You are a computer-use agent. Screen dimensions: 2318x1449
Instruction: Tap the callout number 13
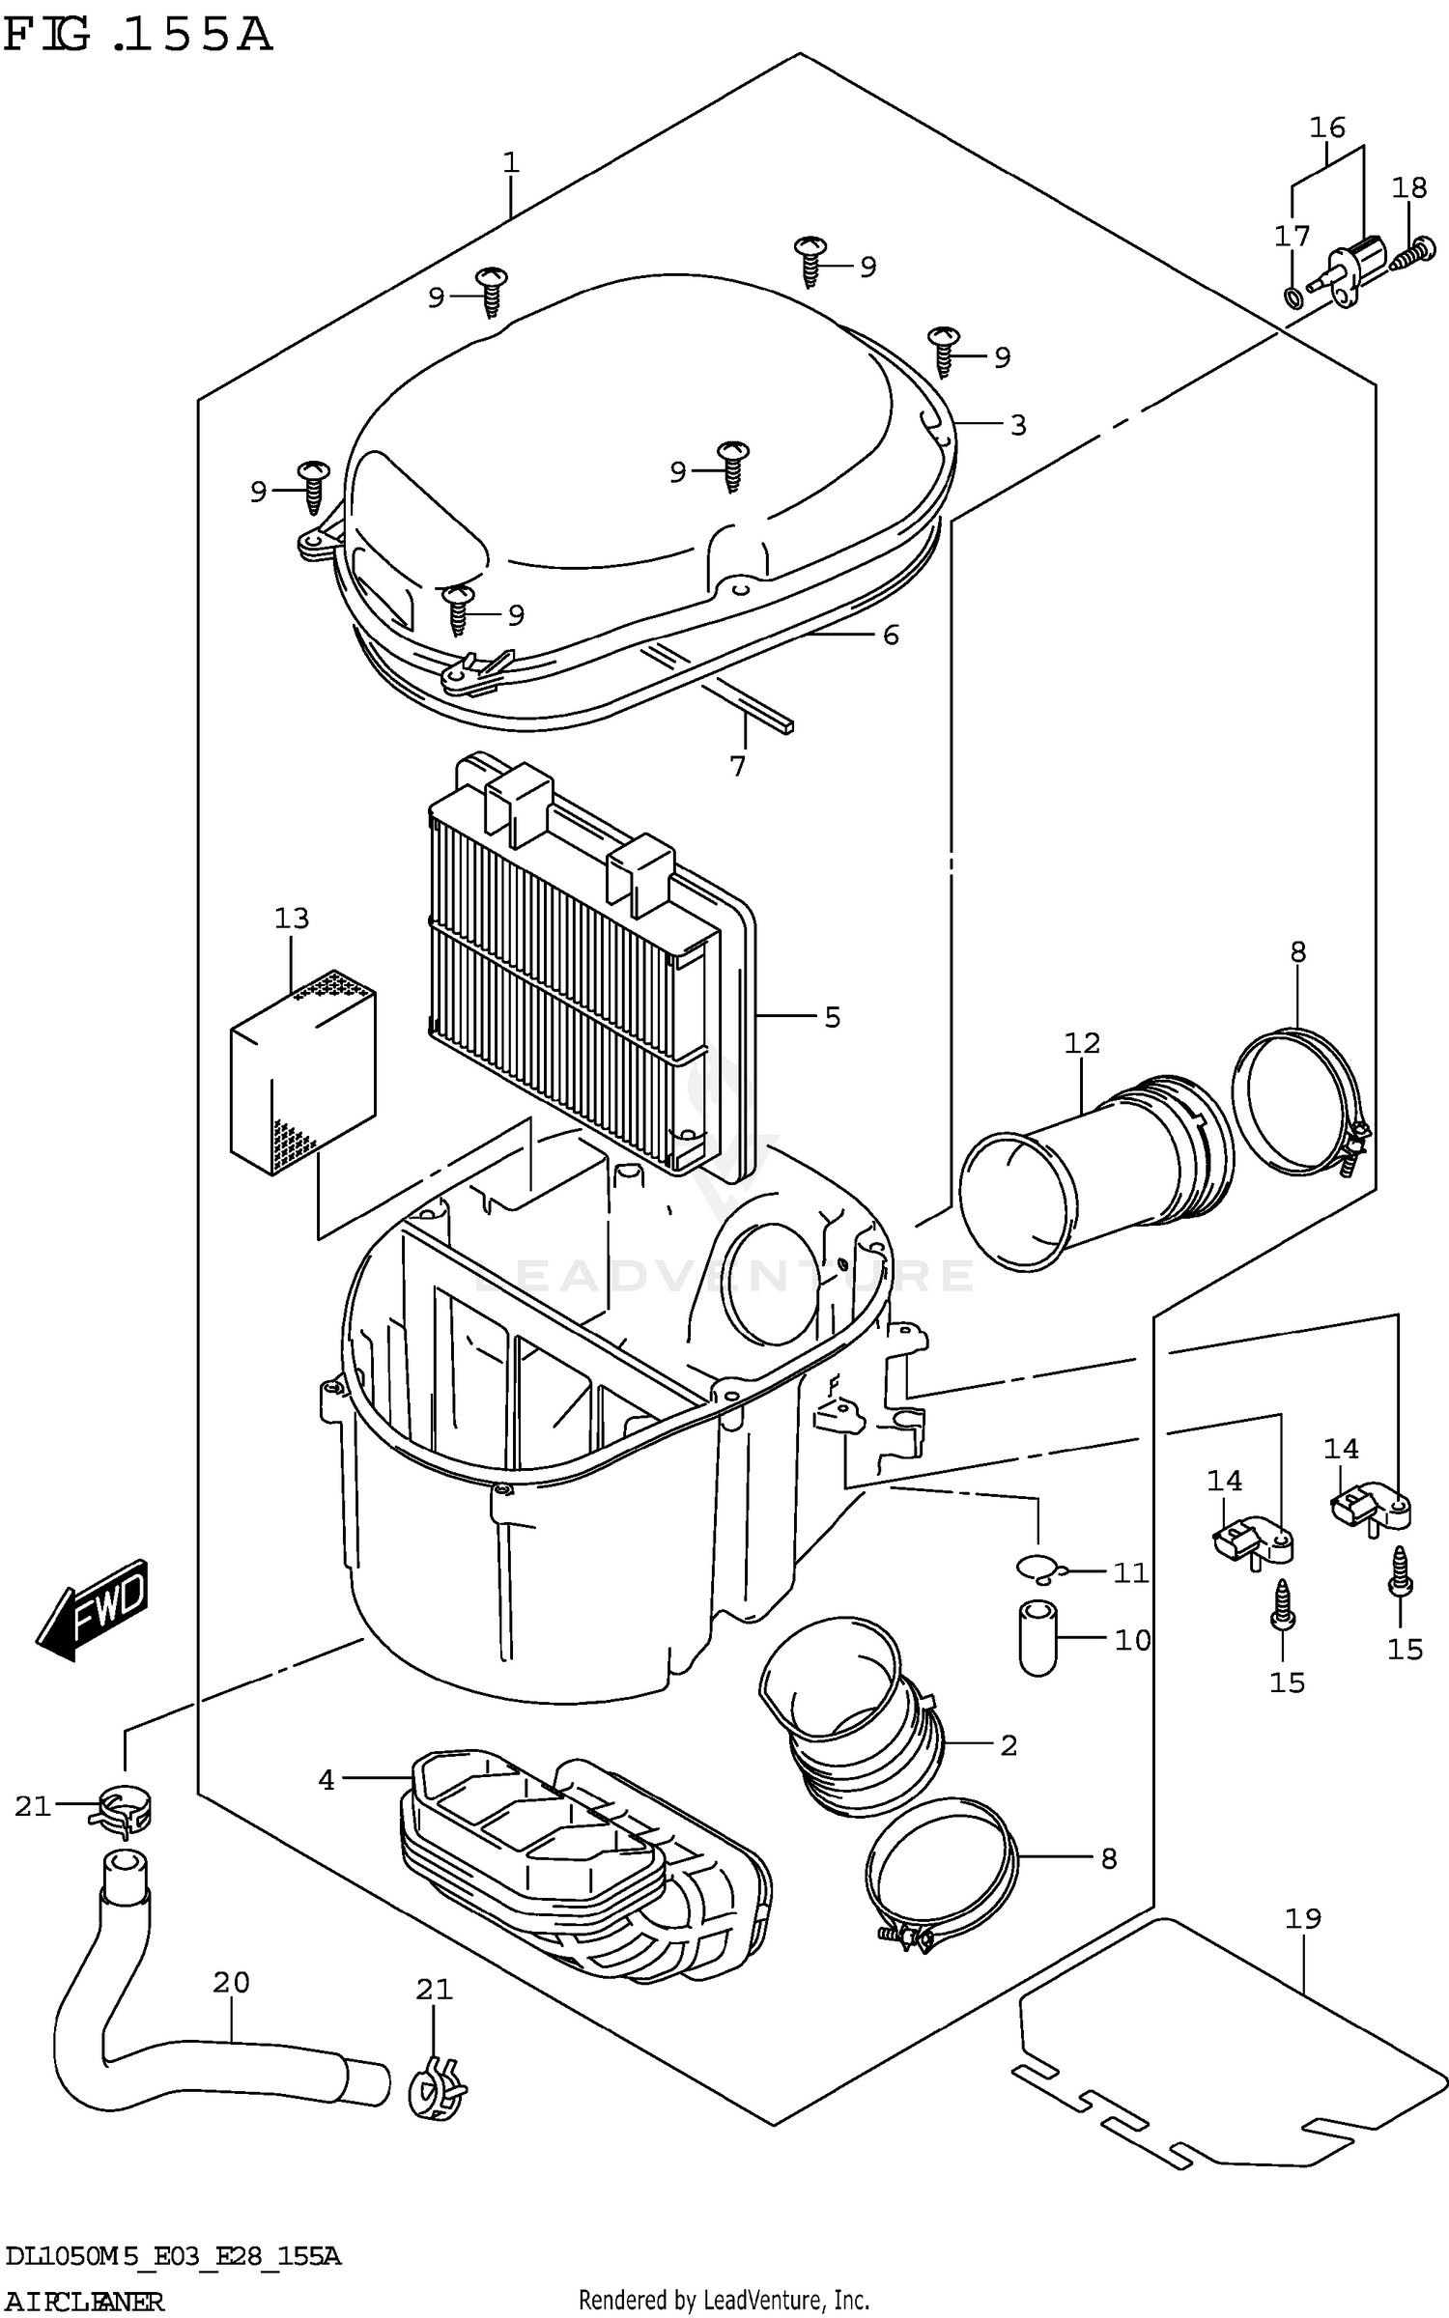(291, 918)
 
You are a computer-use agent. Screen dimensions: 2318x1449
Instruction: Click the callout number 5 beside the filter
(832, 1017)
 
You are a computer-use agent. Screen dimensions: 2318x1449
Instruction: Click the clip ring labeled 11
(1037, 1569)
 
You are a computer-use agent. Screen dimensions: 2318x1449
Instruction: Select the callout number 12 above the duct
(1082, 1042)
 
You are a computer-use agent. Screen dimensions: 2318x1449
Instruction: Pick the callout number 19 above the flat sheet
(1302, 1916)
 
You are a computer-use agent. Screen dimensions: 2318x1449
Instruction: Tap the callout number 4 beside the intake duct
(327, 1779)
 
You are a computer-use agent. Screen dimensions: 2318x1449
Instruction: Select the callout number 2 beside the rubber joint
(1009, 1745)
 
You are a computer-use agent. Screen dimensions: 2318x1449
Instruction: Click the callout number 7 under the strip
(738, 766)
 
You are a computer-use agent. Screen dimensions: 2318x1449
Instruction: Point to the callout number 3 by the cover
(1017, 425)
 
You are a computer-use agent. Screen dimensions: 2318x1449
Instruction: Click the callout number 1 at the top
(511, 162)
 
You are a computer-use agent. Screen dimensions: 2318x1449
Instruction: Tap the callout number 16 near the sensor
(1327, 127)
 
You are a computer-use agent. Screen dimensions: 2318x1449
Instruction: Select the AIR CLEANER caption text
(84, 2294)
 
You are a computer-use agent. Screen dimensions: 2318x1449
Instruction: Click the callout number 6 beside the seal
(890, 635)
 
